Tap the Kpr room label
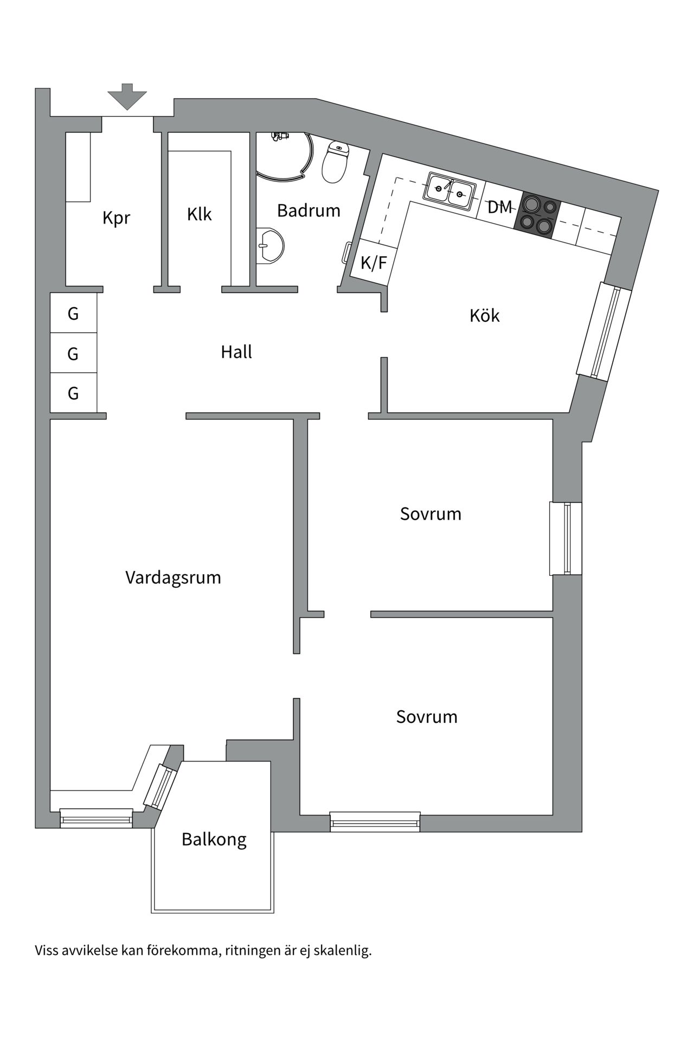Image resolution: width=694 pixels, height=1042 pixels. (x=116, y=218)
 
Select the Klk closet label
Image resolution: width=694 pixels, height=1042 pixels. (x=199, y=214)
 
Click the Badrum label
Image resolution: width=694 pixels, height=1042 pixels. (x=309, y=211)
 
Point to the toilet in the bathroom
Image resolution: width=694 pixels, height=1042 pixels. (x=336, y=162)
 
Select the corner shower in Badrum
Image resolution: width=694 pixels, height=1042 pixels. (x=285, y=155)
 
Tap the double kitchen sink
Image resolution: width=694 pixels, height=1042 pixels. (x=450, y=190)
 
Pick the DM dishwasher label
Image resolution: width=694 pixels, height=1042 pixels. (x=499, y=207)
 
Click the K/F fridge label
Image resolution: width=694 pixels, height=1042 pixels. (x=374, y=263)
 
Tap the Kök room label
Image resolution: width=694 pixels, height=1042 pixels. (x=484, y=315)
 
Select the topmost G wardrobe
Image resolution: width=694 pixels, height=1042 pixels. (x=73, y=313)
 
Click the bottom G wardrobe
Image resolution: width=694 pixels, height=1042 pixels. (x=73, y=393)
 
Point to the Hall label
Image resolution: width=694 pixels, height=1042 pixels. (x=236, y=352)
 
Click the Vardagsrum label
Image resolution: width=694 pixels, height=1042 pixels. (x=173, y=577)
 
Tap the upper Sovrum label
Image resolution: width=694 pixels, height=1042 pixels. (x=430, y=514)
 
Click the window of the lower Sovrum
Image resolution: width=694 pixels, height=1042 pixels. (x=375, y=822)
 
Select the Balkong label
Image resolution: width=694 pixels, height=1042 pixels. (x=214, y=840)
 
